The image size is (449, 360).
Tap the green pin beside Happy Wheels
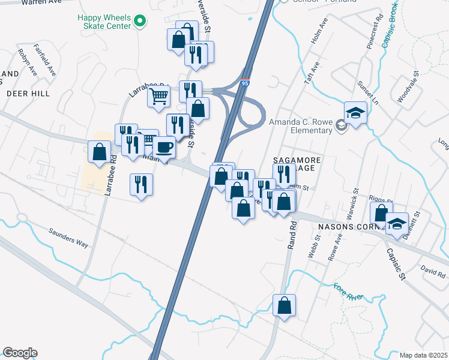(140, 21)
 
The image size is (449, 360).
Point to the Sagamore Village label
(298, 165)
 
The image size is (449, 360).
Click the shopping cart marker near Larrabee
(159, 96)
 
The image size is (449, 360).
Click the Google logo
(20, 353)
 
